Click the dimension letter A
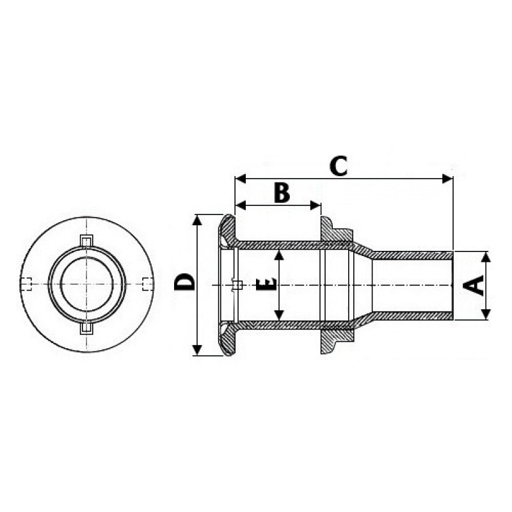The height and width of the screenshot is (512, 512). (474, 285)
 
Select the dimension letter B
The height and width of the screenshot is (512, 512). (282, 193)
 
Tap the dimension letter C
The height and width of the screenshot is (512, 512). (339, 166)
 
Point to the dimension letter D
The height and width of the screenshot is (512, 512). (184, 282)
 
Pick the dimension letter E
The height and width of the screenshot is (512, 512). (266, 285)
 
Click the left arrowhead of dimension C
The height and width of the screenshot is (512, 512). (241, 179)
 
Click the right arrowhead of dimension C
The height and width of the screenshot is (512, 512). (447, 179)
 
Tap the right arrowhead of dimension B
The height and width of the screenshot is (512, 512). (315, 205)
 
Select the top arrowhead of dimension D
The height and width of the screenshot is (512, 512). (197, 220)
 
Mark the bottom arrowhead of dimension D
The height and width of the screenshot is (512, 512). (197, 350)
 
